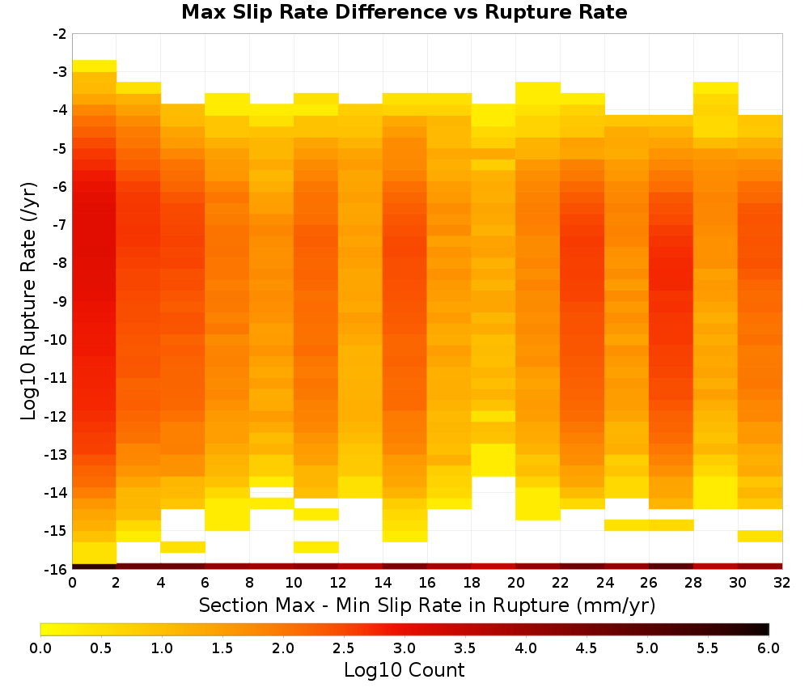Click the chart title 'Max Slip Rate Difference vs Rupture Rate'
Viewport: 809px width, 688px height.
tap(404, 12)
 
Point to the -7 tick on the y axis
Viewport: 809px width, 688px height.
tap(61, 225)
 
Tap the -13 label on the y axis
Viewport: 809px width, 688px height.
tap(57, 455)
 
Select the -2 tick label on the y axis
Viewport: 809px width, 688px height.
tap(61, 34)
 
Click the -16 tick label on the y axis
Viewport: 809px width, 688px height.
tap(57, 569)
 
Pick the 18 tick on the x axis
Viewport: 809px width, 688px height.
tap(472, 583)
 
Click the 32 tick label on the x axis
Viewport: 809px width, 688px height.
tap(782, 583)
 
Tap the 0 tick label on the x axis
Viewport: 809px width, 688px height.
tap(72, 583)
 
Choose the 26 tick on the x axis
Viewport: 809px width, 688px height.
tap(649, 583)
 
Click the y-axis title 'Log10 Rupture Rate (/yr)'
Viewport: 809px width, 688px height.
tap(29, 301)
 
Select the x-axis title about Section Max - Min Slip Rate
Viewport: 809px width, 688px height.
tap(427, 605)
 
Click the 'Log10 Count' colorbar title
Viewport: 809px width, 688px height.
tap(404, 670)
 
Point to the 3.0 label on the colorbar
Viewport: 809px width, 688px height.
tap(404, 648)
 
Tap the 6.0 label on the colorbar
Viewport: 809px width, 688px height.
tap(769, 648)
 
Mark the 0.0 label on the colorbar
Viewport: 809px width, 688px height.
tap(40, 648)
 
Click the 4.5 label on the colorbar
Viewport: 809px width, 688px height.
tap(587, 648)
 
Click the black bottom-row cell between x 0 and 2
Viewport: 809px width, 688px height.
tap(95, 567)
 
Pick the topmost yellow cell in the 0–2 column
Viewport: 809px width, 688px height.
tap(95, 66)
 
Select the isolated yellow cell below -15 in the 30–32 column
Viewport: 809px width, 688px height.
tap(760, 537)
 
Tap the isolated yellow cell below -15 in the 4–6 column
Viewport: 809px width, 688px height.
tap(183, 547)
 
